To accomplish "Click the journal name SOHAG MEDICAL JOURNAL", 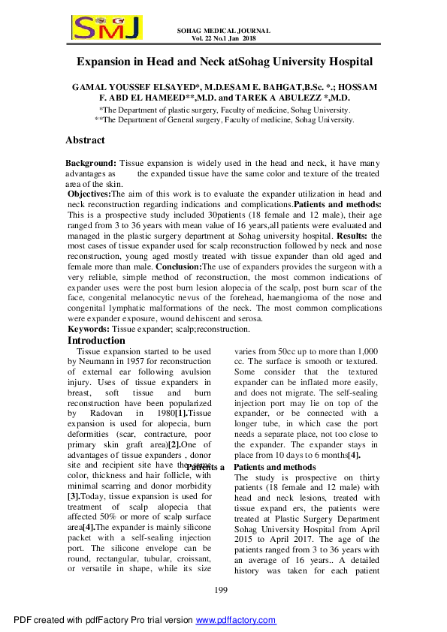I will [x=223, y=31].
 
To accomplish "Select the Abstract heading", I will [x=85, y=140].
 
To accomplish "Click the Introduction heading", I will [x=97, y=341].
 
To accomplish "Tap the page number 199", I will [x=222, y=592].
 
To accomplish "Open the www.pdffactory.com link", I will [x=236, y=621].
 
